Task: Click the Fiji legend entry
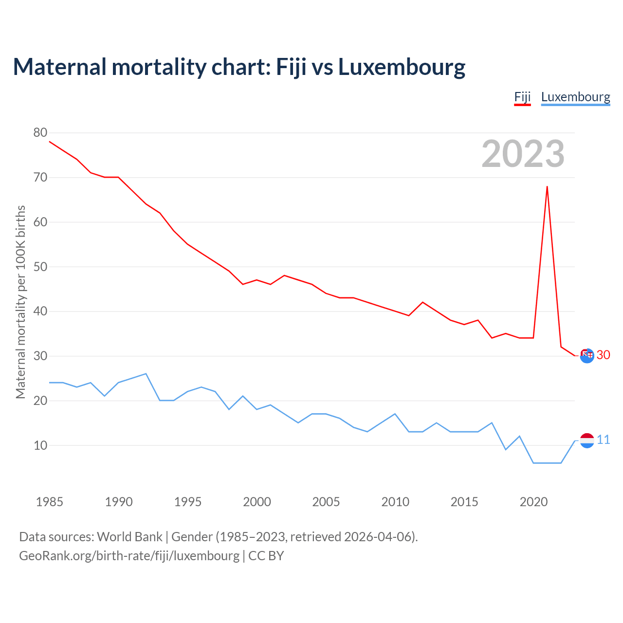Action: coord(522,97)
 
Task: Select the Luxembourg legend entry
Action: coord(575,97)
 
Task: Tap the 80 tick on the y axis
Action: coord(40,132)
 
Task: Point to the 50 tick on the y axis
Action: coord(40,267)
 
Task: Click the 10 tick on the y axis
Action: coord(40,445)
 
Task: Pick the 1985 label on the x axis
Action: coord(50,502)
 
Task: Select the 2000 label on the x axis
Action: coord(257,502)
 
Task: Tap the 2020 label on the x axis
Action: coord(533,502)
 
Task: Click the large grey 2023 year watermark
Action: coord(523,154)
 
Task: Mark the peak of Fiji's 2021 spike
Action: coord(547,186)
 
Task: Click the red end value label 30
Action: coord(603,355)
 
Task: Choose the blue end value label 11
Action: coord(603,440)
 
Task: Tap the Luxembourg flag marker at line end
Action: coord(587,440)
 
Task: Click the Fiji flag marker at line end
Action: coord(587,356)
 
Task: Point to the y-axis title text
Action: coord(20,302)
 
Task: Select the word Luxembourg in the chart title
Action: coord(402,67)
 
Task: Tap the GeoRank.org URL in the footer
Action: coord(129,556)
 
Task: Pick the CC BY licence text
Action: coord(266,556)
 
